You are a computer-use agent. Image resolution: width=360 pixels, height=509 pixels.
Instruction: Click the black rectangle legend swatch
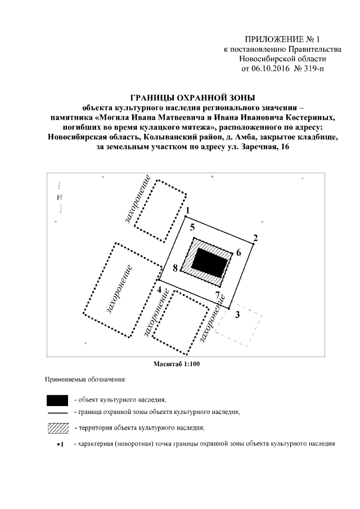coord(59,400)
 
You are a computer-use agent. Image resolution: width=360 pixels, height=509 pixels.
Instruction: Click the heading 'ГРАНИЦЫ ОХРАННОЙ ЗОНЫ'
coord(185,97)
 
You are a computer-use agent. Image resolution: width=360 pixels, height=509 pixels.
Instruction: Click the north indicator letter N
coord(60,197)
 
